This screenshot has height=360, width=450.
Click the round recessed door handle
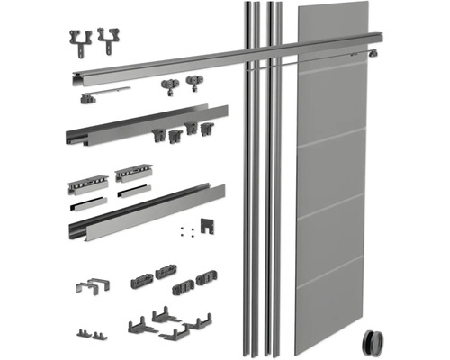click(x=371, y=343)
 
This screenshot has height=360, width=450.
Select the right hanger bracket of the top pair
click(x=110, y=39)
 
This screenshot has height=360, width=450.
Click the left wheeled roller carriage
click(x=169, y=87)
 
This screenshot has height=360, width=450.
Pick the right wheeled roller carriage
click(x=193, y=86)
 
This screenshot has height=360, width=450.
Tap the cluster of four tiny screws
click(x=184, y=230)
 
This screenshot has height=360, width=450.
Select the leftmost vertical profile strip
click(x=244, y=180)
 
